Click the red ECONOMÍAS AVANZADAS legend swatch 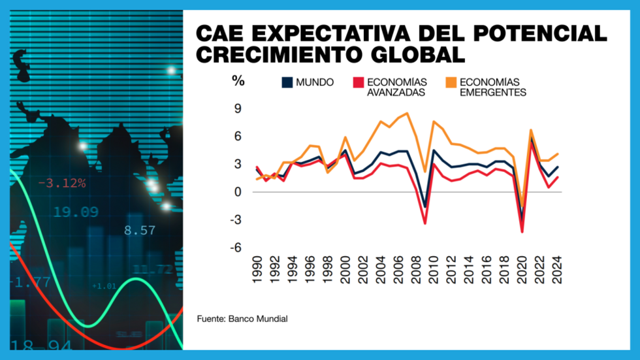(x=357, y=83)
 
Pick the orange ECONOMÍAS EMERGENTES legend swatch (x=451, y=83)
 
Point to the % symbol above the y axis (x=238, y=82)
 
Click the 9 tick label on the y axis (x=238, y=108)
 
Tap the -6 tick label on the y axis (x=236, y=247)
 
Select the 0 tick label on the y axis (x=238, y=192)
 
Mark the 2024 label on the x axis (x=557, y=270)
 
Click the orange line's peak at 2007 (x=408, y=113)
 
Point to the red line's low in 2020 (x=522, y=231)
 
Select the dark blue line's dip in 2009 (x=424, y=207)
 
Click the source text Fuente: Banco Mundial (x=242, y=319)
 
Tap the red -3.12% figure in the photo (x=62, y=184)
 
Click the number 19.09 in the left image (x=76, y=212)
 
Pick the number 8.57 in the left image (x=139, y=230)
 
